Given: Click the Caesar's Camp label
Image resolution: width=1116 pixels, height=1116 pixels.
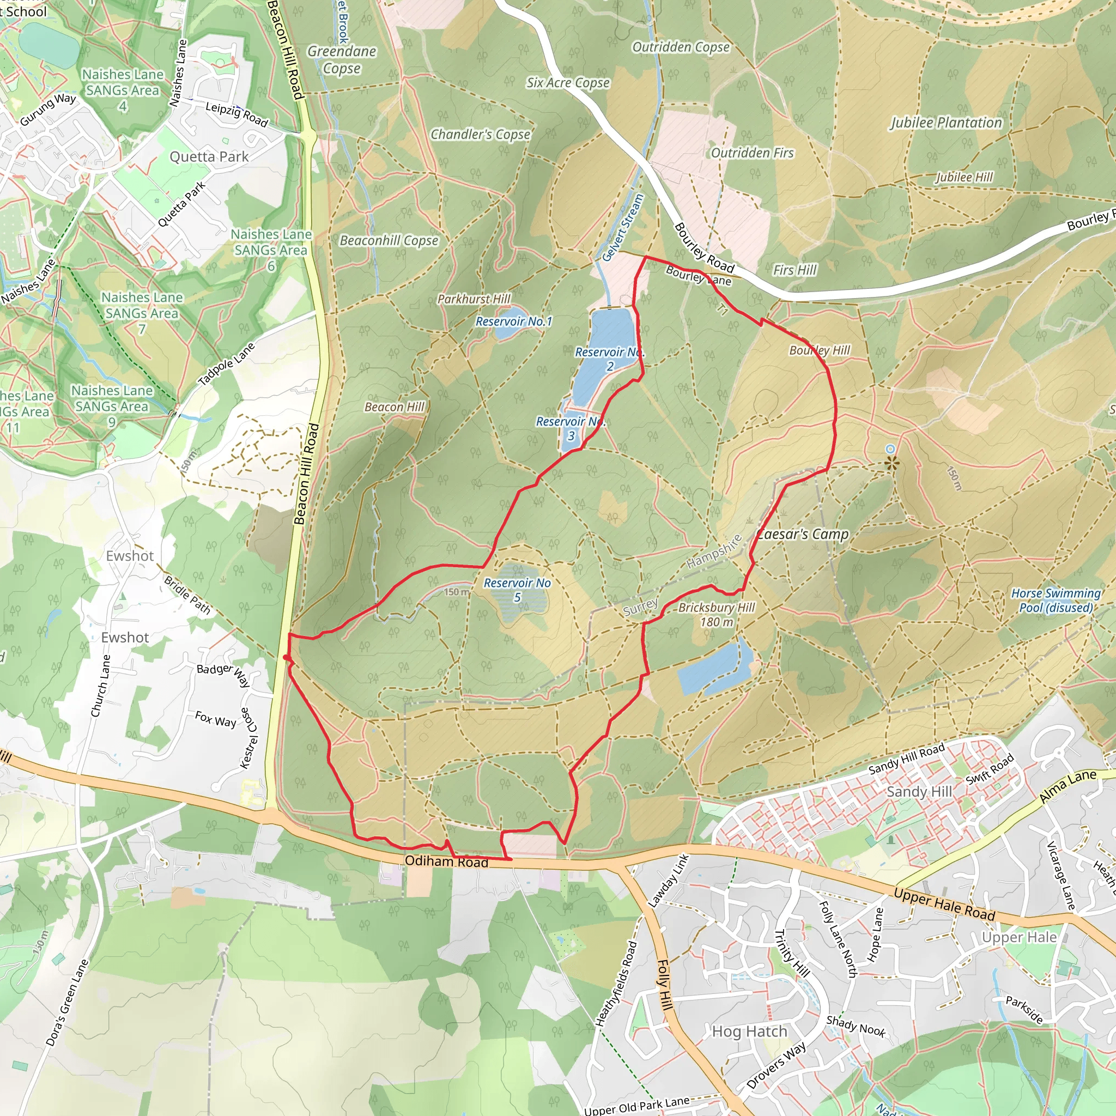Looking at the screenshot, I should [x=803, y=535].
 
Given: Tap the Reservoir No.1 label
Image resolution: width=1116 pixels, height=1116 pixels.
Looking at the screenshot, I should [x=513, y=321].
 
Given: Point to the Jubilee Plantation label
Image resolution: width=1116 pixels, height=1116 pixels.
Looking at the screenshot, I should [x=945, y=123].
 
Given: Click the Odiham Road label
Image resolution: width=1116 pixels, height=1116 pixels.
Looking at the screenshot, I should [x=446, y=862].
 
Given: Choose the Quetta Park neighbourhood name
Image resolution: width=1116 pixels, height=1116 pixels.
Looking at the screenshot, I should [x=209, y=156].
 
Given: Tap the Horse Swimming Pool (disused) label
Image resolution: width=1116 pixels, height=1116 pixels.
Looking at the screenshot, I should [x=1056, y=600].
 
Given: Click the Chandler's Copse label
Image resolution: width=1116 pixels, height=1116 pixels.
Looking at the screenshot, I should [x=480, y=134].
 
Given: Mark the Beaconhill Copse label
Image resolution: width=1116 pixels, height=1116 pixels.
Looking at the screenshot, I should [x=389, y=240].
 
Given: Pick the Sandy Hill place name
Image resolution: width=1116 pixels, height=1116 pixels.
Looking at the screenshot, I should [x=919, y=791].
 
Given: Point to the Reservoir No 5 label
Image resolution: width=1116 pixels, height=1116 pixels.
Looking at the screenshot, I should [x=517, y=590].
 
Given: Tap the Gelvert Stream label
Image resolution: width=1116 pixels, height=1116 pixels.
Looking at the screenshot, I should [x=623, y=228].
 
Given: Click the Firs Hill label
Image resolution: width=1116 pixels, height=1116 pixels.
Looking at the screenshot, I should [x=795, y=270].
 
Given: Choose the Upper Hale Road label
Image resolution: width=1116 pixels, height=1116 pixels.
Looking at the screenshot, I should [x=944, y=905].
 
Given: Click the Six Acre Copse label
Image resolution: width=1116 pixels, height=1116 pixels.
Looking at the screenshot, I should [x=568, y=83].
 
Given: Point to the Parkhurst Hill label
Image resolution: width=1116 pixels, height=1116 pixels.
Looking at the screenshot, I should [x=474, y=299].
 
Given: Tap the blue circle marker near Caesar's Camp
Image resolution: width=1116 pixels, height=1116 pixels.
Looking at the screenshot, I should [x=890, y=449].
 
